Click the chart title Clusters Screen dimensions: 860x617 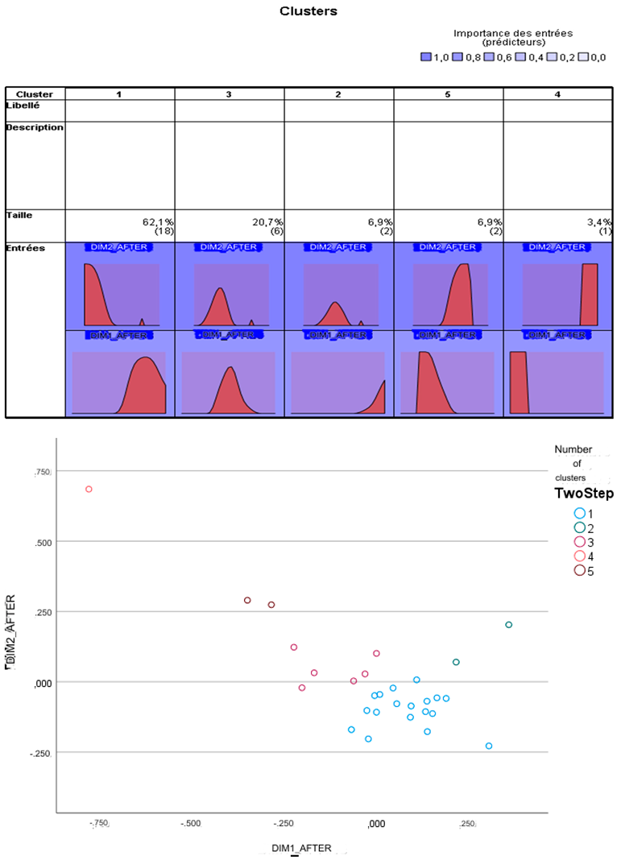(308, 11)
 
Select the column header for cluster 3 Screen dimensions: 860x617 (229, 94)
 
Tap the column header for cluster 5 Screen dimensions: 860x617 (448, 94)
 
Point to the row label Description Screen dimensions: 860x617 (35, 127)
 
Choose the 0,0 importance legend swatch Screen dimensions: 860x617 (584, 57)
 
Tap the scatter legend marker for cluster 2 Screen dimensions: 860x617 (578, 527)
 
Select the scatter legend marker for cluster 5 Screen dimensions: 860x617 (578, 570)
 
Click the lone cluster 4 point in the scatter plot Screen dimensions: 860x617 (89, 489)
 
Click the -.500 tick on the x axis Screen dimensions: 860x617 (190, 824)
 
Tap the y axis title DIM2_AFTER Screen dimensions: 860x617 (10, 632)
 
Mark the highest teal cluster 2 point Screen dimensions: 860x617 (508, 625)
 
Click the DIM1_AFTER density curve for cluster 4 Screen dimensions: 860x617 (519, 382)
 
